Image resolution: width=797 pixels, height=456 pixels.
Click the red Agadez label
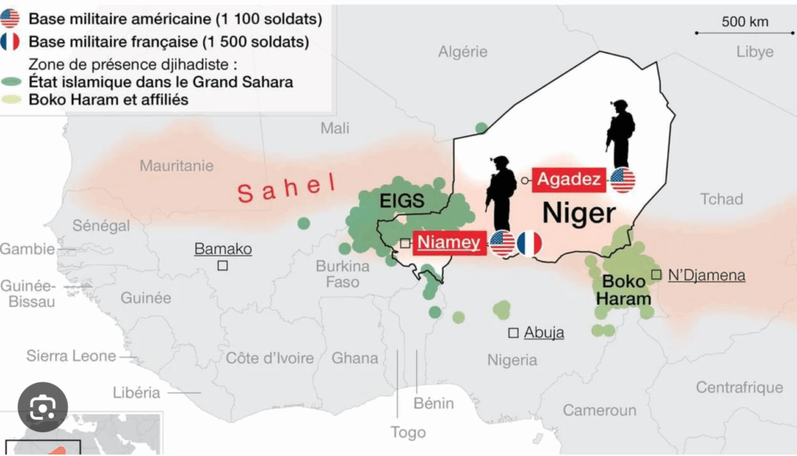pos(569,179)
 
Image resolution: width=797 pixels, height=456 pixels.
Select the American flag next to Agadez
pos(622,180)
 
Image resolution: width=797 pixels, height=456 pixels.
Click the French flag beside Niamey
pos(529,243)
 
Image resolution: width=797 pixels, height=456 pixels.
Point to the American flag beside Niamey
pos(502,243)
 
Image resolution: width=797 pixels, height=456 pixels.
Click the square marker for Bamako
pos(223,265)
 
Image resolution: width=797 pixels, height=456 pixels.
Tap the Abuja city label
pos(544,332)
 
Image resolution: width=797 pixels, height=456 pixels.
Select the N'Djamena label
pos(706,275)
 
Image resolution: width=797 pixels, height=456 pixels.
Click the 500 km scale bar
pos(743,33)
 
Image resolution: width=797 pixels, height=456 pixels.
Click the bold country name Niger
pos(579,213)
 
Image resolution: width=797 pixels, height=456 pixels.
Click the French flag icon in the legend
pos(10,41)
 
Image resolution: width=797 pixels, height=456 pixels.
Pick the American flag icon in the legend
pos(10,17)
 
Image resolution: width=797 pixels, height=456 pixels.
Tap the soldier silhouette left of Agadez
pos(501,191)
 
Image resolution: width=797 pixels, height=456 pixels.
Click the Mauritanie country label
pos(176,166)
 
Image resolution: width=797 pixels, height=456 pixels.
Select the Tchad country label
pos(721,199)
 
